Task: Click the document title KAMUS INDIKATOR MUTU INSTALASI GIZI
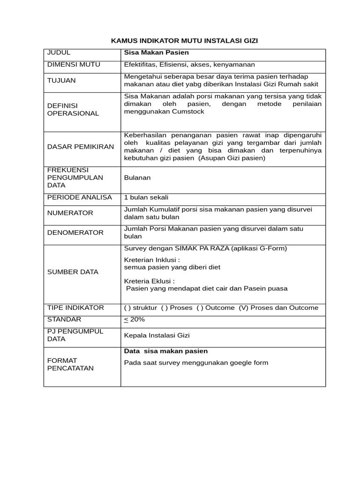tap(184, 41)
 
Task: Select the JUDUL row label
tap(59, 52)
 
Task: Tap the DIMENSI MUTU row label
tap(74, 65)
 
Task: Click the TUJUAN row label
tap(61, 80)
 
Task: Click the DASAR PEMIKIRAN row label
tap(81, 147)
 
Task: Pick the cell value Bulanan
tap(137, 178)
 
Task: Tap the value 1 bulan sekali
tap(146, 197)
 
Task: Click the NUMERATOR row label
tap(70, 213)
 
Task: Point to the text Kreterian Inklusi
tap(152, 260)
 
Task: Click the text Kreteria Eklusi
tap(149, 281)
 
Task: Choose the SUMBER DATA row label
tap(73, 272)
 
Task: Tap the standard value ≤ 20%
tap(135, 320)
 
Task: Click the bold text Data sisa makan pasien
tap(165, 351)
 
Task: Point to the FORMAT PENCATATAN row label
tap(70, 364)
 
